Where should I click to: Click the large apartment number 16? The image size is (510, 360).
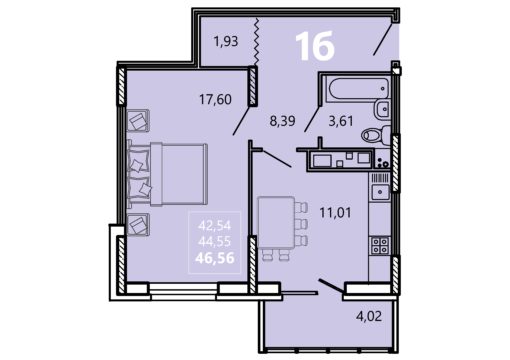(x=315, y=46)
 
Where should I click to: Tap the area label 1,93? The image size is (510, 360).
(x=226, y=42)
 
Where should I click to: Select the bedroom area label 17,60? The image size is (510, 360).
(x=215, y=99)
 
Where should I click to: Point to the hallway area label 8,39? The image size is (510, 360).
(x=282, y=121)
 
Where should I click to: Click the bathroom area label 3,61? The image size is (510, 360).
(x=341, y=121)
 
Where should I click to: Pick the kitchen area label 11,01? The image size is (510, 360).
(x=335, y=212)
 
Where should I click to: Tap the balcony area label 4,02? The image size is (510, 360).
(x=369, y=316)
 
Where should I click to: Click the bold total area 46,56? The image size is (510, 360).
(x=215, y=258)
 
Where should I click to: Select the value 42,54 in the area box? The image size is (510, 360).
(x=214, y=226)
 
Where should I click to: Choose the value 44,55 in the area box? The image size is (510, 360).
(x=214, y=241)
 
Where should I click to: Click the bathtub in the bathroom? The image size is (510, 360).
(x=359, y=88)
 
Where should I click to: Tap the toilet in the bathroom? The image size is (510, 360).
(x=376, y=135)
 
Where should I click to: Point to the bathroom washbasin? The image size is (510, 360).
(x=382, y=109)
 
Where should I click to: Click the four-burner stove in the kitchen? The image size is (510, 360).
(x=380, y=246)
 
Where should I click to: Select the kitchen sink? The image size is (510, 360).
(x=380, y=192)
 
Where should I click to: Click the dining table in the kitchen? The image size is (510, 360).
(x=276, y=222)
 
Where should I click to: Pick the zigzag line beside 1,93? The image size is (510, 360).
(x=256, y=42)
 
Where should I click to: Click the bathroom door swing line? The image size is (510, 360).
(x=313, y=119)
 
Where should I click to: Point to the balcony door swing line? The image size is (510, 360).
(x=331, y=287)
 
